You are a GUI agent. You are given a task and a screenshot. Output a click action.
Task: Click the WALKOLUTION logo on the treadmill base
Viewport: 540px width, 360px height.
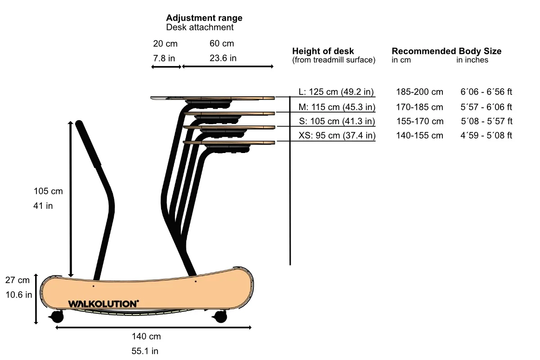(x=103, y=304)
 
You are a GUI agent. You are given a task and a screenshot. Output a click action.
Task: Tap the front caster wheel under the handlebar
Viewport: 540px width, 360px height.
(x=57, y=316)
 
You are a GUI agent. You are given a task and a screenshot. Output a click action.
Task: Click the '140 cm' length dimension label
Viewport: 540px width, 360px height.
(x=146, y=336)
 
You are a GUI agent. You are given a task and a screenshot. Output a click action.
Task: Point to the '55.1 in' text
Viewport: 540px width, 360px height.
(x=145, y=351)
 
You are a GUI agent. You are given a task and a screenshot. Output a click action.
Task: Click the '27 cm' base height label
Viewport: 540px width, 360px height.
(x=18, y=280)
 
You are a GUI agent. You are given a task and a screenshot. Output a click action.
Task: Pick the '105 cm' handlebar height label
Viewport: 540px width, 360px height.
(x=48, y=191)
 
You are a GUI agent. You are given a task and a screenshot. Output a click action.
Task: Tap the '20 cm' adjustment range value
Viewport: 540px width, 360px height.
(x=165, y=44)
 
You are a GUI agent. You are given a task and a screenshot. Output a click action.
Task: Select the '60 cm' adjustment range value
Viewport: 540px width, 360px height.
(x=222, y=44)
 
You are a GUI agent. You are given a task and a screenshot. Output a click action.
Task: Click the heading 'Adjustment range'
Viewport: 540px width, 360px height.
(x=204, y=18)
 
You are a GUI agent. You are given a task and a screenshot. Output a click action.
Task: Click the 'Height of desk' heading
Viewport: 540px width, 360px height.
(x=323, y=51)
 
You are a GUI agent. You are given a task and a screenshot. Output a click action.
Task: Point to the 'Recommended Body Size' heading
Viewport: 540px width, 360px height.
(x=446, y=51)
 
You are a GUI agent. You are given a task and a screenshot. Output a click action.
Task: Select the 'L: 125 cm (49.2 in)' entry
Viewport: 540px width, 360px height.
(x=336, y=92)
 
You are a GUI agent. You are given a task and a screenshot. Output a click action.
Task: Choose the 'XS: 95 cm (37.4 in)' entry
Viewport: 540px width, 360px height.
(x=337, y=135)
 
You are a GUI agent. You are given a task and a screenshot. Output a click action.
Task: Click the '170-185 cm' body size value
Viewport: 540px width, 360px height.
(x=419, y=107)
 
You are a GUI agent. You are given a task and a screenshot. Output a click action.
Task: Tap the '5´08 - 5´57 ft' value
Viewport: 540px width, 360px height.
(x=486, y=121)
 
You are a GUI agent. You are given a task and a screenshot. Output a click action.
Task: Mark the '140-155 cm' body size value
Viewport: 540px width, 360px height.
(x=419, y=135)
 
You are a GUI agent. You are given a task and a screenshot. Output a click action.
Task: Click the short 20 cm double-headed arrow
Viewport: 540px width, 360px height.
(x=166, y=67)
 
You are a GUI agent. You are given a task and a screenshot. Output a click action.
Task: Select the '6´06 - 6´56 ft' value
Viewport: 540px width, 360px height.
(x=486, y=92)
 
